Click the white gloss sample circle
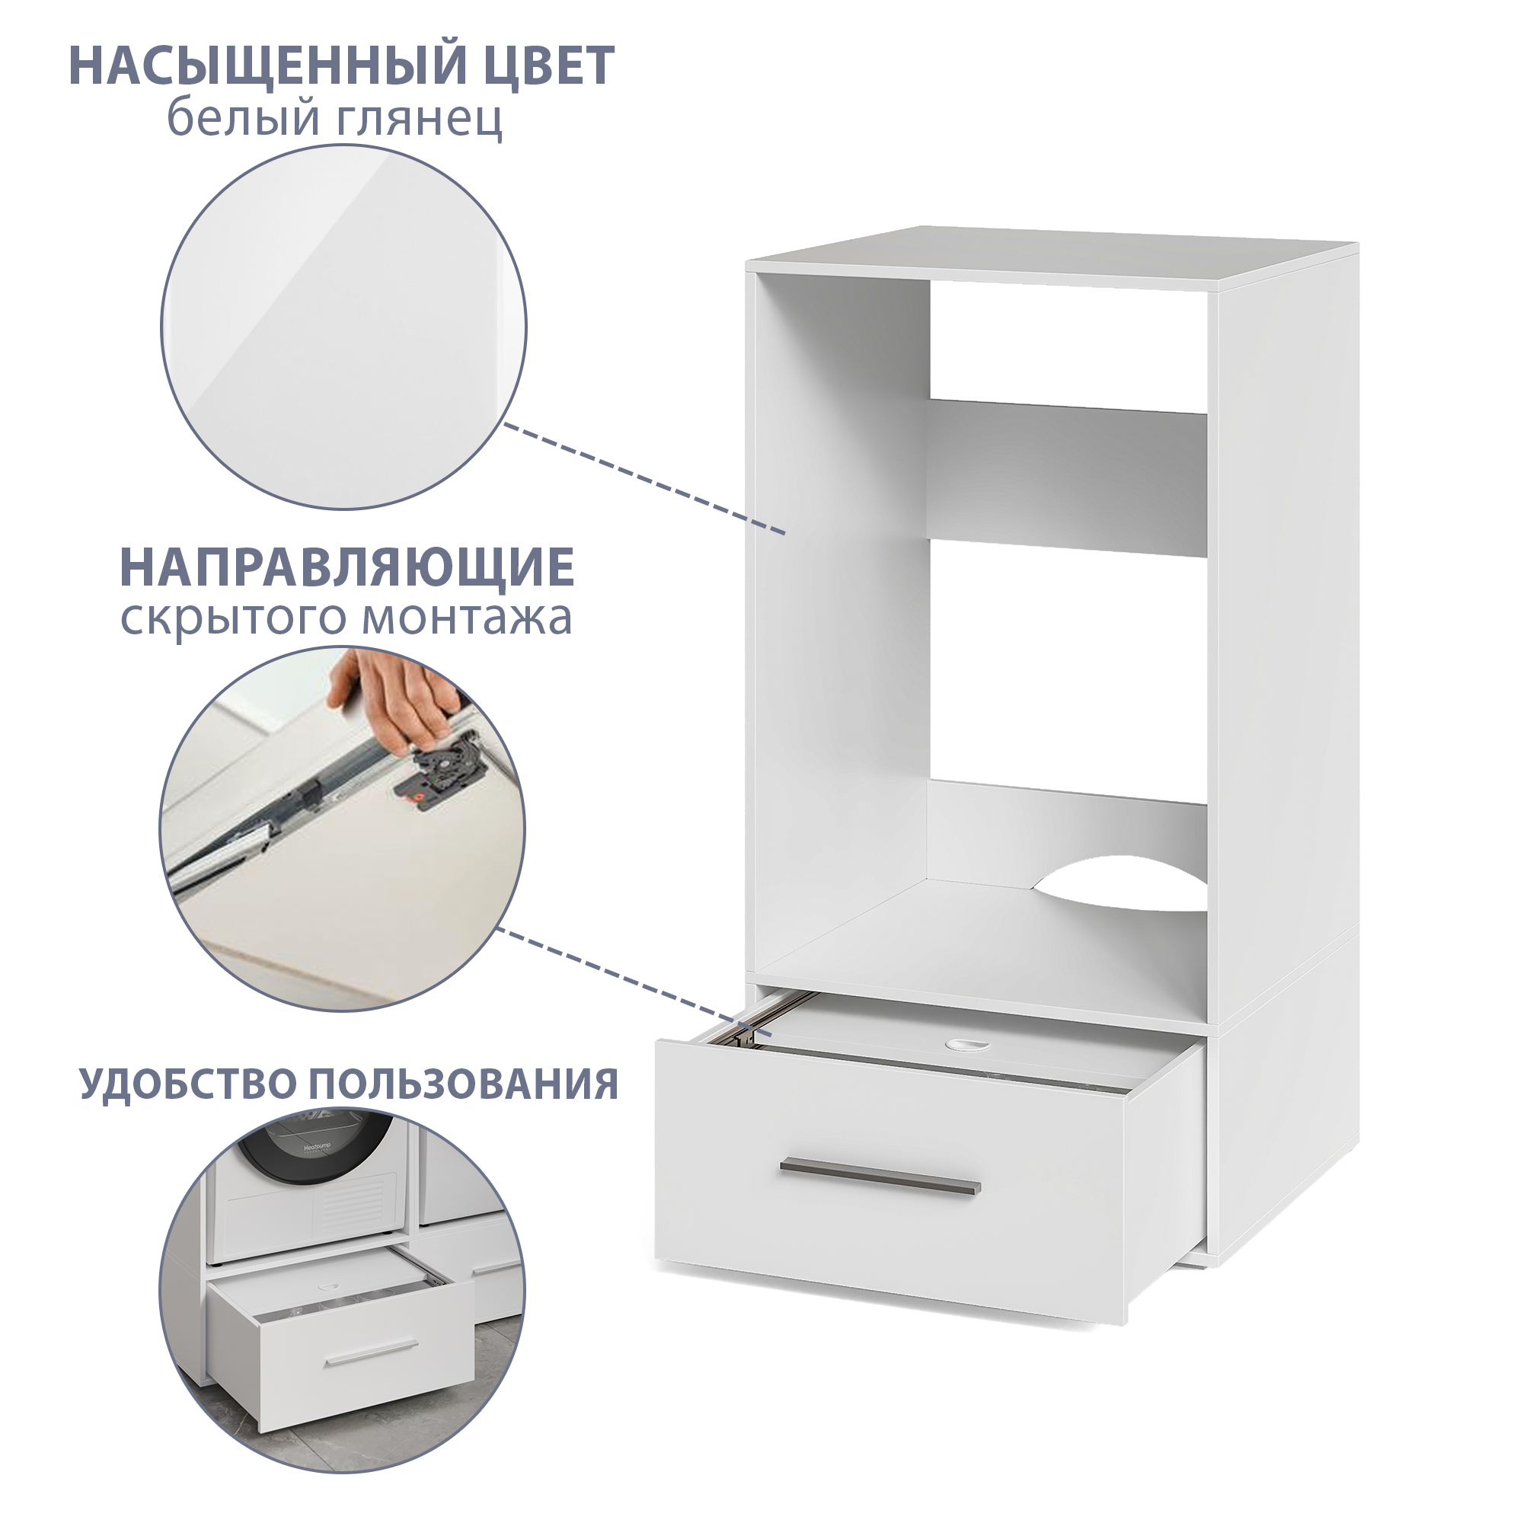point(344,327)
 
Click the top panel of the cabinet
point(1052,256)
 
